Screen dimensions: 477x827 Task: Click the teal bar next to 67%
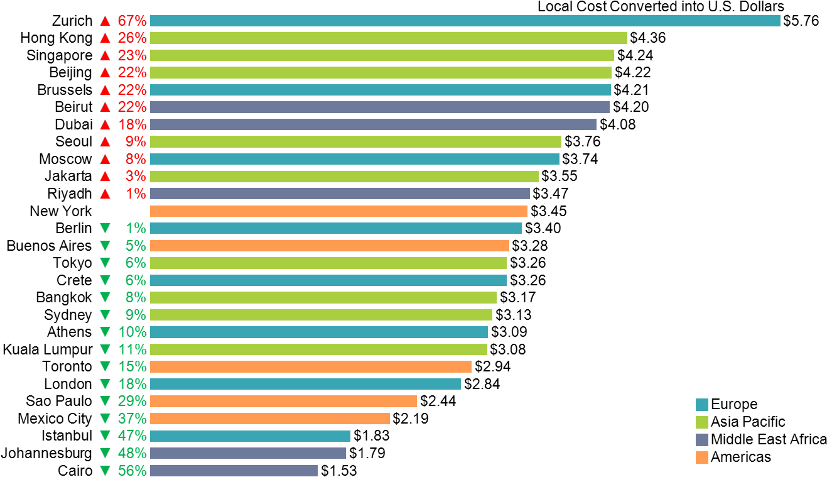[x=465, y=21]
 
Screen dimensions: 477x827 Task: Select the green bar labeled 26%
[x=388, y=38]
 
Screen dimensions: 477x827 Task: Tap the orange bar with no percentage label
[x=338, y=211]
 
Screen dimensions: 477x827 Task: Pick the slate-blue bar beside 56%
[x=234, y=470]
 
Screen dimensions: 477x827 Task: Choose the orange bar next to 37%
[x=269, y=419]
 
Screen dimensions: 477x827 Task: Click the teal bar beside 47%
[x=250, y=436]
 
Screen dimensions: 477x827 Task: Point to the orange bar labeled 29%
[x=283, y=401]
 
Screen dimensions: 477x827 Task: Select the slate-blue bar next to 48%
[x=247, y=453]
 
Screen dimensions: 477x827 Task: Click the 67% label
[x=132, y=21]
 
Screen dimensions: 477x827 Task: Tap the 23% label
[x=132, y=55]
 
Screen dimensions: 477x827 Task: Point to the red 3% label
[x=136, y=177]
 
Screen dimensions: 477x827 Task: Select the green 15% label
[x=132, y=366]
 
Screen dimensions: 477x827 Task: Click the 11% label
[x=132, y=349]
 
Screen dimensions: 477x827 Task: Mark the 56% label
[x=132, y=470]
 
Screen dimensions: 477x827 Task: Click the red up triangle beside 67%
[x=105, y=21]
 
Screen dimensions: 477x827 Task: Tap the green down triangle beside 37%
[x=105, y=419]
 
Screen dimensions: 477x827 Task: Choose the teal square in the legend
[x=701, y=405]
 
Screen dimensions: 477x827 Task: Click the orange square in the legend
[x=701, y=458]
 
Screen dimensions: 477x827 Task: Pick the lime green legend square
[x=701, y=422]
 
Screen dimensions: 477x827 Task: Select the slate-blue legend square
[x=701, y=440]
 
